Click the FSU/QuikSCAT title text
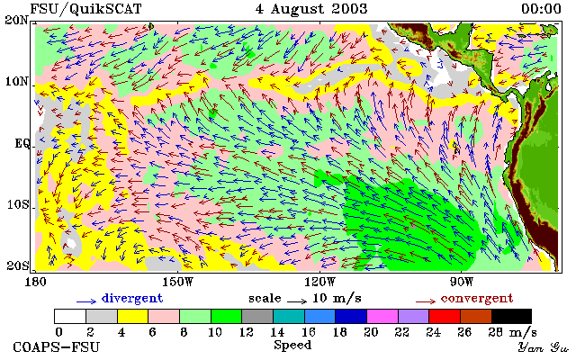pos(85,9)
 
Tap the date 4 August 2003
pos(311,9)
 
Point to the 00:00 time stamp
pos(541,9)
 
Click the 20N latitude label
pos(17,20)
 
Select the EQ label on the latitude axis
pos(22,143)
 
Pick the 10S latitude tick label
pos(17,205)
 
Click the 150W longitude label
pos(178,282)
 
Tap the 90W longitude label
pos(461,282)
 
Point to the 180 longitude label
pos(35,282)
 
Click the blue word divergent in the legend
pos(132,298)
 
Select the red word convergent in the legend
pos(477,298)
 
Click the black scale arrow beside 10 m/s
pos(297,301)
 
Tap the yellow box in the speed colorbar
pos(133,316)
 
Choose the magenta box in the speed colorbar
pos(382,316)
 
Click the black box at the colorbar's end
pos(511,316)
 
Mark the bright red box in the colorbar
pos(445,316)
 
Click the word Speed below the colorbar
pos(292,345)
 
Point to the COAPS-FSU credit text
pos(57,346)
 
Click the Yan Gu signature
pos(544,347)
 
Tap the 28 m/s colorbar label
pos(513,331)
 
